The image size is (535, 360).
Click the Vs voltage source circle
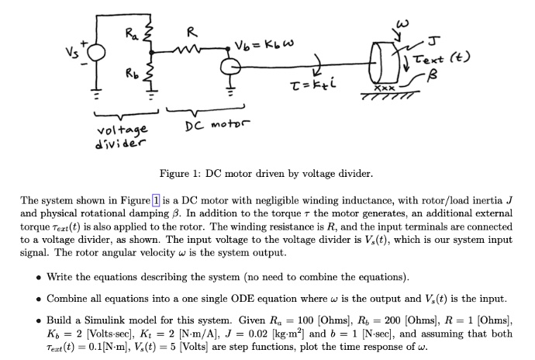[x=96, y=53]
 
